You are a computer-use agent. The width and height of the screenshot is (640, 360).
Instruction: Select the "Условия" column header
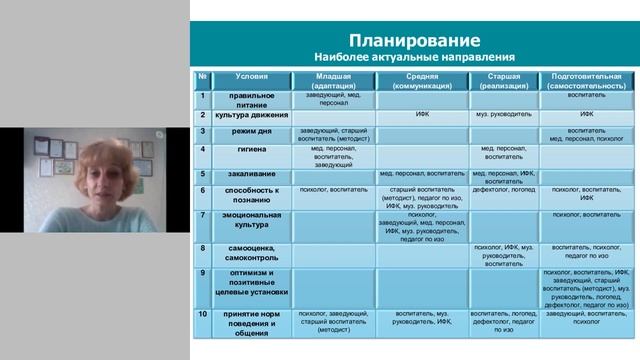click(251, 76)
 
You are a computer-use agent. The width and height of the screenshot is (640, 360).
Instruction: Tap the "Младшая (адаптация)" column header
click(333, 80)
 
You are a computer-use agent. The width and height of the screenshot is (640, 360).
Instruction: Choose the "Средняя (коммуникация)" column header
click(423, 80)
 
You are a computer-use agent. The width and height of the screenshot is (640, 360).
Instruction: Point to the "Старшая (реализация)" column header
click(503, 80)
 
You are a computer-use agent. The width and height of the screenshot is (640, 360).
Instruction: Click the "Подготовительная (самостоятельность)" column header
click(586, 80)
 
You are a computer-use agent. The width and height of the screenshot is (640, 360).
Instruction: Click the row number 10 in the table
click(202, 314)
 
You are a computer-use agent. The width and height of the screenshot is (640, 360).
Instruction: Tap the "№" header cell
click(202, 76)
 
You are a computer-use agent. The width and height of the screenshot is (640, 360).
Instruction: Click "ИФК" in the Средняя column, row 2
click(423, 115)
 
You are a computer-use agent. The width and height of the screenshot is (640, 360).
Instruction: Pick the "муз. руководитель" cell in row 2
click(503, 115)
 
